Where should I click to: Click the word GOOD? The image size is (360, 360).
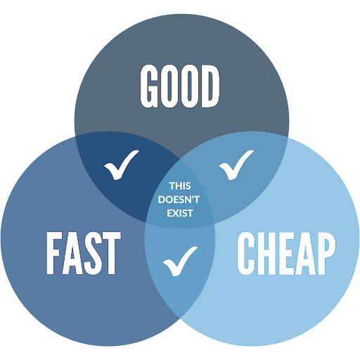[180, 86]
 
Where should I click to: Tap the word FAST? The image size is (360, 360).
[84, 253]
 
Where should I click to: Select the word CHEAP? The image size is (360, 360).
[286, 254]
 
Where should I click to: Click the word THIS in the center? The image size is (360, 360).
[180, 186]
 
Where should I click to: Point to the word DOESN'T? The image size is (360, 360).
[179, 200]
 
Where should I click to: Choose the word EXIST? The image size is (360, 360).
[180, 213]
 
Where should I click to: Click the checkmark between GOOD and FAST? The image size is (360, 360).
[122, 165]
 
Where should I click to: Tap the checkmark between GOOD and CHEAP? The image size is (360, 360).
[236, 165]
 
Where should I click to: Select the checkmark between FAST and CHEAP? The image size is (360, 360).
[180, 262]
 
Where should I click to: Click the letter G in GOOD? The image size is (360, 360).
[149, 86]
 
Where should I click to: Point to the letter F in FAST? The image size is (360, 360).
[53, 253]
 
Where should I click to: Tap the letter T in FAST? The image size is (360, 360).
[112, 253]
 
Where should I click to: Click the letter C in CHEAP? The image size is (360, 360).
[245, 254]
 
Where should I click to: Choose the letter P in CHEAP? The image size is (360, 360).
[327, 254]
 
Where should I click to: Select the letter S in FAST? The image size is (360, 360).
[93, 253]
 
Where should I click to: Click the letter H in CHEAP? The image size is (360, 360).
[266, 254]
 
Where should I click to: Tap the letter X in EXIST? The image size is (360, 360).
[176, 213]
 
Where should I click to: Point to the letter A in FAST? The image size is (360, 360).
[72, 253]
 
